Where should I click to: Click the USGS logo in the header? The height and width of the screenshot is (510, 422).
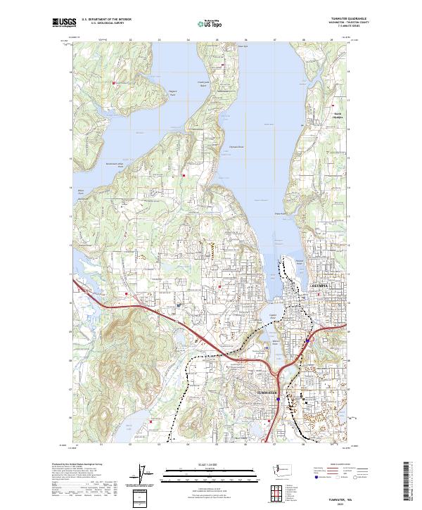click(65, 23)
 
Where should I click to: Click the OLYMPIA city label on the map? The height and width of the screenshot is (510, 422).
click(321, 288)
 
